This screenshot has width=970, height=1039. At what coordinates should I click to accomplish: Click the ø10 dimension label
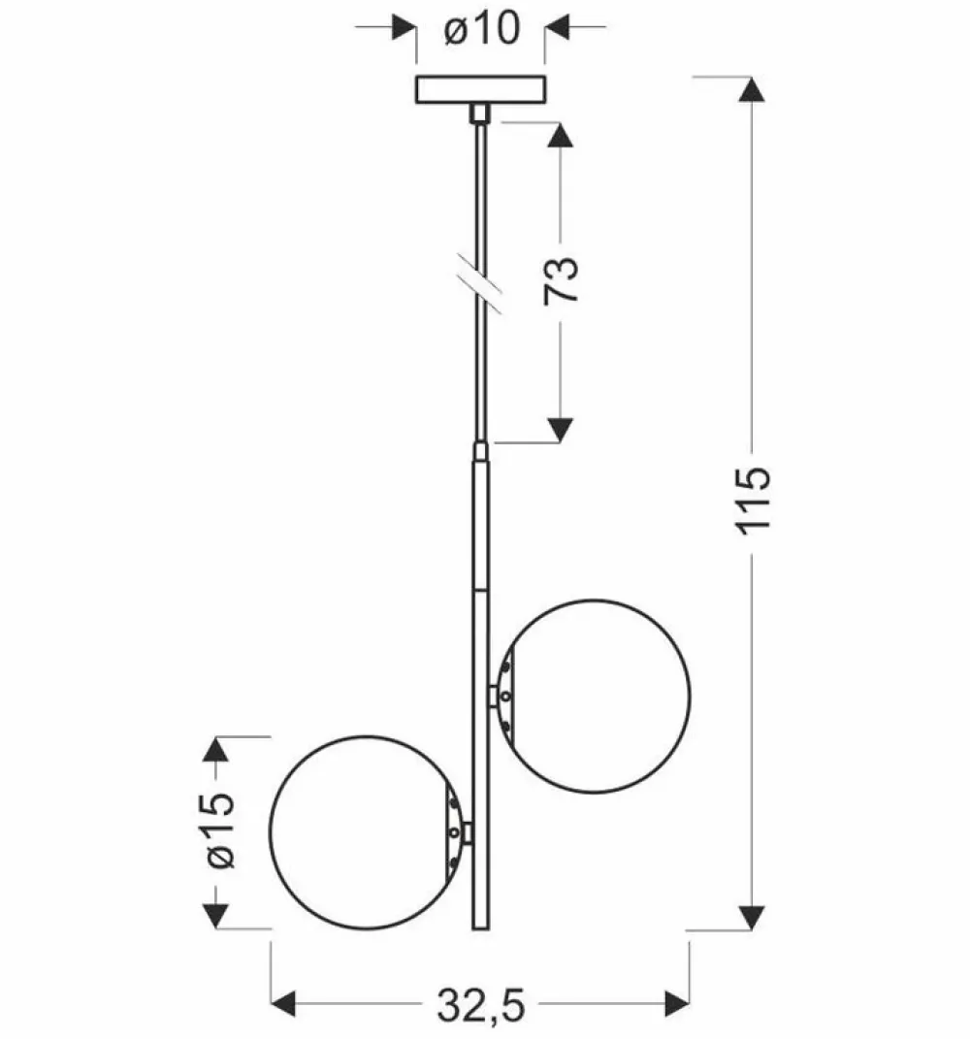[x=482, y=29]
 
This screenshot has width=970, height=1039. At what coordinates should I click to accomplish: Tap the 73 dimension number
[x=561, y=279]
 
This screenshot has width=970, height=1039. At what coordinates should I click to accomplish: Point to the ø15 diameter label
[x=220, y=830]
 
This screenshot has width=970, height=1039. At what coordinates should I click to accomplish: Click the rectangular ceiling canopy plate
[x=481, y=90]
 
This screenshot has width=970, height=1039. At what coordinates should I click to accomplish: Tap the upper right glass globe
[x=595, y=697]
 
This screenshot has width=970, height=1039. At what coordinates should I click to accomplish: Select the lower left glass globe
[x=367, y=832]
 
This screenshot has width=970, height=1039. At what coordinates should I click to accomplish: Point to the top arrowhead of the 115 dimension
[x=752, y=89]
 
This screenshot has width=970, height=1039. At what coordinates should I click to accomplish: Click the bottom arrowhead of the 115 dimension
[x=752, y=917]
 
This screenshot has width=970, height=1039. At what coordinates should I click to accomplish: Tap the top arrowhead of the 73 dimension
[x=561, y=135]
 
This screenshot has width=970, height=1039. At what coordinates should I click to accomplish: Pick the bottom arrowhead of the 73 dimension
[x=561, y=430]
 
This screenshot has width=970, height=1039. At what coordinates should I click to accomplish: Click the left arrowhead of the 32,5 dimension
[x=283, y=1004]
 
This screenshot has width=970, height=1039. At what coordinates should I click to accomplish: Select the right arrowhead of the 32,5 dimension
[x=676, y=1004]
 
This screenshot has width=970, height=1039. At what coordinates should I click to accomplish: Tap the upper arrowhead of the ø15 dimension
[x=214, y=749]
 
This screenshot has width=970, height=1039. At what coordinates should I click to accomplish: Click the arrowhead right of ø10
[x=557, y=27]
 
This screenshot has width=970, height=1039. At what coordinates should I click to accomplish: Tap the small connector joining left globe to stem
[x=468, y=832]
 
